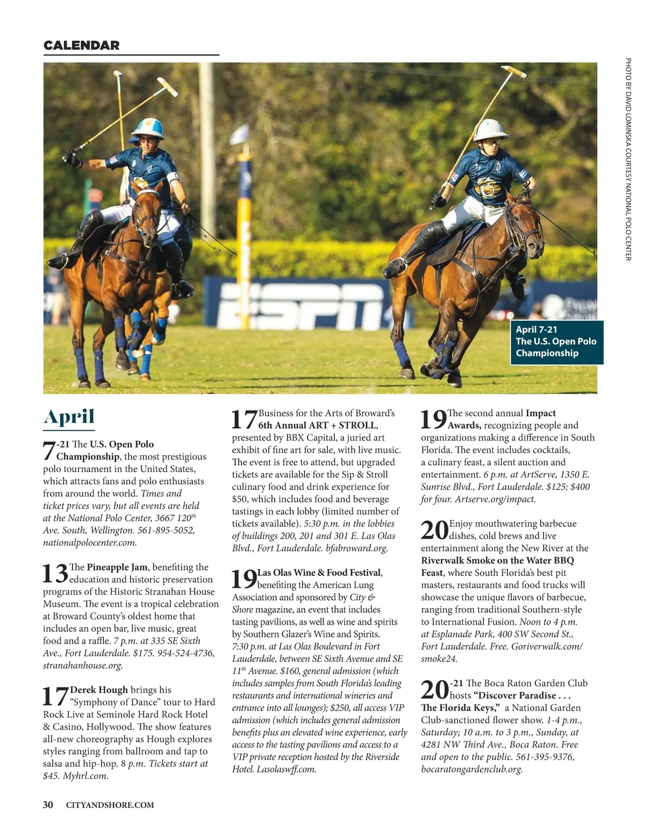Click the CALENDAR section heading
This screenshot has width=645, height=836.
coord(81,46)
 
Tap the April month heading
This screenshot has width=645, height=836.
coord(69,417)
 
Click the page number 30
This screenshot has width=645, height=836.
coord(48,804)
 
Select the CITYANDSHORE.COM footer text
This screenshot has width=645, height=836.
coord(110,805)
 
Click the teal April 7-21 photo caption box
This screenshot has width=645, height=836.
coord(556,342)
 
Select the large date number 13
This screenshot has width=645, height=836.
coord(55,573)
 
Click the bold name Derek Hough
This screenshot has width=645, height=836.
coord(99,690)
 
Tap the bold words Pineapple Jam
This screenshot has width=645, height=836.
coord(117,567)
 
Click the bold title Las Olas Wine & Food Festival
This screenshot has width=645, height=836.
coord(319,573)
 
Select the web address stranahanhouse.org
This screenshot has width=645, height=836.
coord(83,665)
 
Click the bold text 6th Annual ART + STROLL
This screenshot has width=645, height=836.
coord(317,426)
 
